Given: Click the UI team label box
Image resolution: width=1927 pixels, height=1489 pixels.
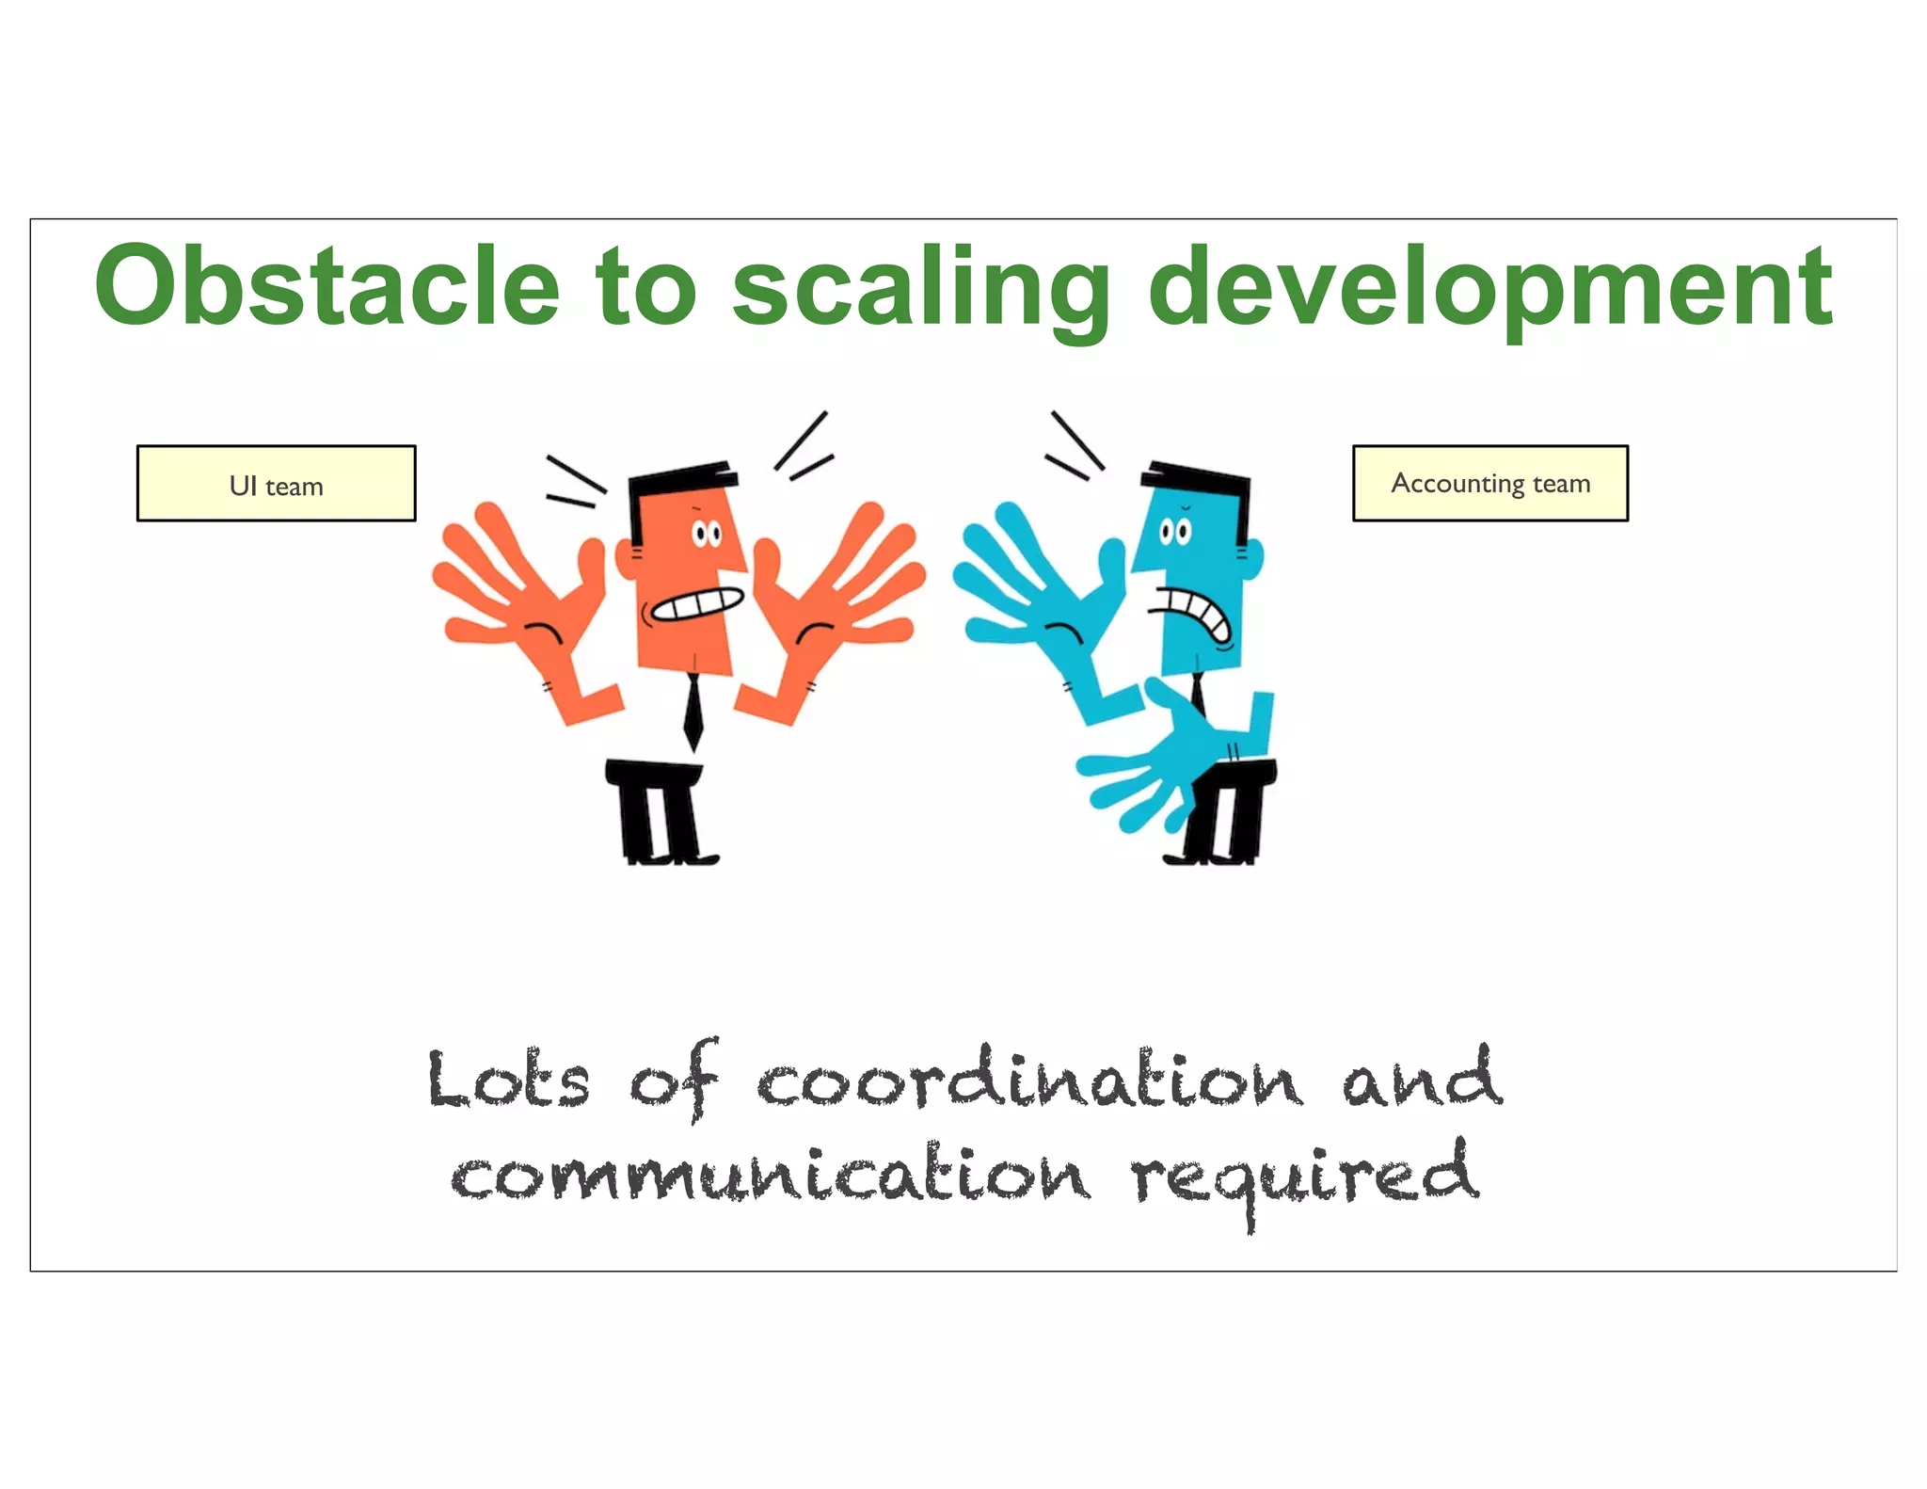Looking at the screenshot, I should [x=276, y=484].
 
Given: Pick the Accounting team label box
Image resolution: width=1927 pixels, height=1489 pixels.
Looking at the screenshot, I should [x=1489, y=483].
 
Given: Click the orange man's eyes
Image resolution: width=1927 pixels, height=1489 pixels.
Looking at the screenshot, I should [x=707, y=535].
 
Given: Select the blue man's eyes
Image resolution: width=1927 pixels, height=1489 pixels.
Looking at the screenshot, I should [x=1174, y=532].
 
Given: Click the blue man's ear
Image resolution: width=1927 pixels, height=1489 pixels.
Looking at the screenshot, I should [x=1253, y=557].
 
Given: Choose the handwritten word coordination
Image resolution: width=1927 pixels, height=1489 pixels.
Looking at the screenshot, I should [x=1030, y=1081].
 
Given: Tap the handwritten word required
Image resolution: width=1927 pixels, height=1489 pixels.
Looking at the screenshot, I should [x=1304, y=1177].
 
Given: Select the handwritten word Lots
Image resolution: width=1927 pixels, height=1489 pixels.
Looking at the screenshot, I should [x=508, y=1081].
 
